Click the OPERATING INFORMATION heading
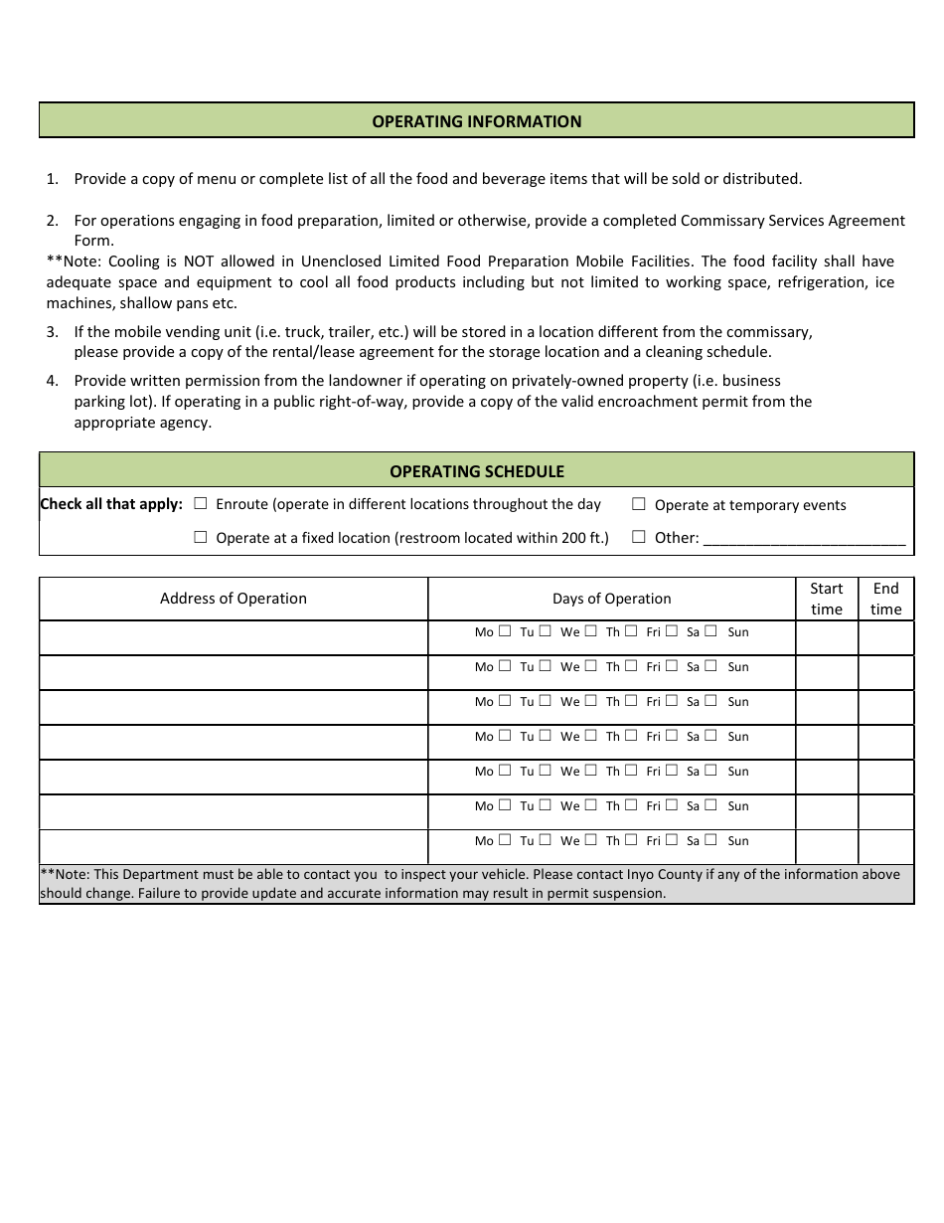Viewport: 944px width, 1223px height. pyautogui.click(x=476, y=121)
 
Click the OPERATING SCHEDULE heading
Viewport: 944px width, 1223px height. pyautogui.click(x=476, y=471)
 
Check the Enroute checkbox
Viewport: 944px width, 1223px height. pyautogui.click(x=201, y=504)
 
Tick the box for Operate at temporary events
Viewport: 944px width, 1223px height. pyautogui.click(x=639, y=504)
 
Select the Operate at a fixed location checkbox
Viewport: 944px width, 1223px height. pyautogui.click(x=201, y=537)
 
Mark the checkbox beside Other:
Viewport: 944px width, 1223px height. pyautogui.click(x=639, y=537)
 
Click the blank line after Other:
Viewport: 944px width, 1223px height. pyautogui.click(x=804, y=539)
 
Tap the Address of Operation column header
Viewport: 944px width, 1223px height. pyautogui.click(x=234, y=599)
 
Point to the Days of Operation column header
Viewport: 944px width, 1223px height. pyautogui.click(x=611, y=599)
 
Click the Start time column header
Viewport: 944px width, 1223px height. pyautogui.click(x=826, y=599)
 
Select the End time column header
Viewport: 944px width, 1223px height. pyautogui.click(x=885, y=599)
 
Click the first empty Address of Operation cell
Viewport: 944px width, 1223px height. pyautogui.click(x=234, y=638)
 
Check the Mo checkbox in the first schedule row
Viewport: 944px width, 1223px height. pyautogui.click(x=505, y=631)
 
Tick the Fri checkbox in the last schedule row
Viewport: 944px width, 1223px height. pyautogui.click(x=672, y=840)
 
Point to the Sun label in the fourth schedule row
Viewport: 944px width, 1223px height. pyautogui.click(x=738, y=737)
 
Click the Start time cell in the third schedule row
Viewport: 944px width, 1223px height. pyautogui.click(x=826, y=707)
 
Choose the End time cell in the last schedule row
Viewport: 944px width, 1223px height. pyautogui.click(x=885, y=846)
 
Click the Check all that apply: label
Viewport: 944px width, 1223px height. pyautogui.click(x=111, y=504)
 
